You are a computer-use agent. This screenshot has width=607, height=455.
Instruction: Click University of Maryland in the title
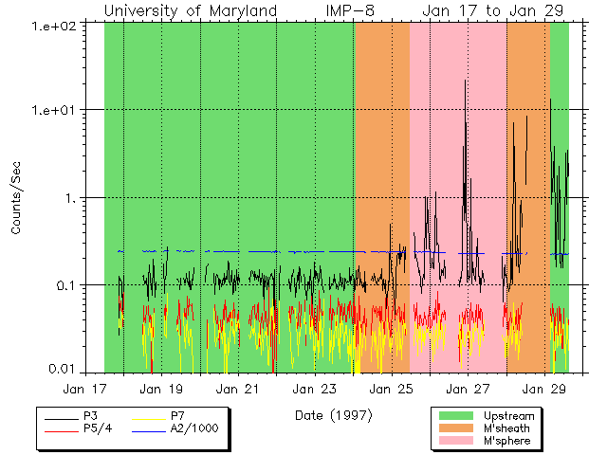pyautogui.click(x=190, y=10)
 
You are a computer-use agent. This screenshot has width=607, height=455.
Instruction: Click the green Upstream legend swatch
pyautogui.click(x=457, y=415)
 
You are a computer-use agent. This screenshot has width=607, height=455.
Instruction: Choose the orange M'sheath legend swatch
pyautogui.click(x=457, y=428)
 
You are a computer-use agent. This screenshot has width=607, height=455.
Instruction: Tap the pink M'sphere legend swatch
pyautogui.click(x=457, y=441)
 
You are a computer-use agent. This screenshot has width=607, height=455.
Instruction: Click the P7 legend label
pyautogui.click(x=178, y=415)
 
